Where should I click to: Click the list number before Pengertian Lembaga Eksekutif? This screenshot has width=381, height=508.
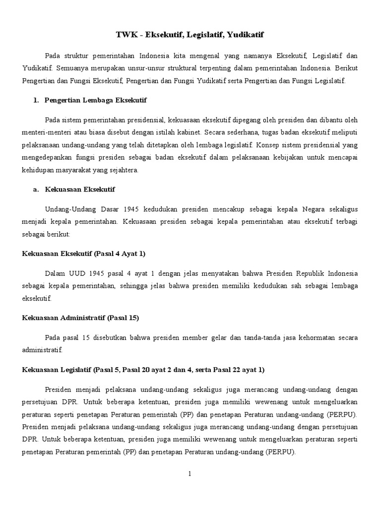[x=36, y=100]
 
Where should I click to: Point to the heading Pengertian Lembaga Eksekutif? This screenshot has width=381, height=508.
[x=95, y=100]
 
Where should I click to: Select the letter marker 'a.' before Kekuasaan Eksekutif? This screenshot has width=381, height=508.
[x=36, y=190]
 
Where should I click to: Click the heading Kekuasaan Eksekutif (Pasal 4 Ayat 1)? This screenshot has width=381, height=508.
[x=84, y=254]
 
